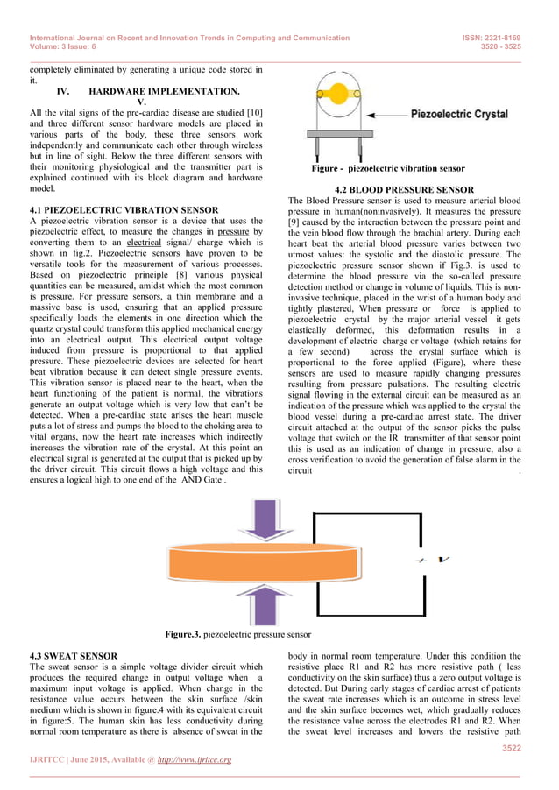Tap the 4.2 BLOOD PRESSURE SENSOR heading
point(404,190)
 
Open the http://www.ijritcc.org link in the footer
point(195,759)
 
